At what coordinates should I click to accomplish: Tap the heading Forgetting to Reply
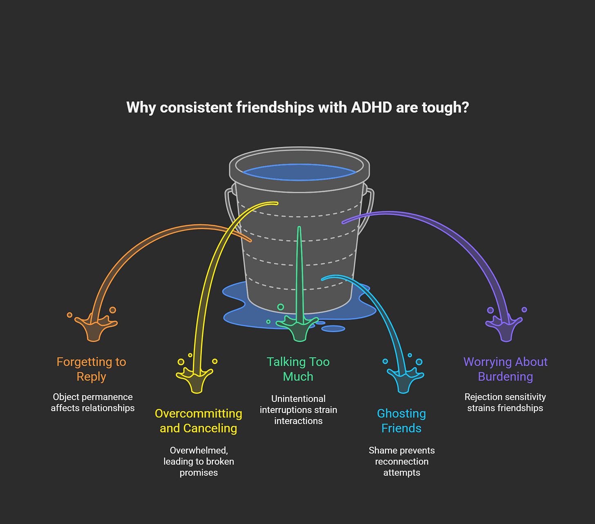pos(92,369)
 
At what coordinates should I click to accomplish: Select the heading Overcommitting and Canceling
pos(199,421)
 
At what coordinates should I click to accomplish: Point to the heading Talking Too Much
pos(298,369)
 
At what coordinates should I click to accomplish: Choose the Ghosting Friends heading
pos(401,421)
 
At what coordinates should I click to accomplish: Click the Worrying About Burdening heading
pos(506,369)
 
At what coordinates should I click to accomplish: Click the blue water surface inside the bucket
pos(300,172)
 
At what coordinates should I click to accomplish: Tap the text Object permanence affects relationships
pos(93,402)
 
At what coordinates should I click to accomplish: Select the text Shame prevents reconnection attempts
pos(402,462)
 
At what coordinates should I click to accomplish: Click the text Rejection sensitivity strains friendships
pos(505,402)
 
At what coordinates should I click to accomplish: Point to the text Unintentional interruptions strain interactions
pos(298,410)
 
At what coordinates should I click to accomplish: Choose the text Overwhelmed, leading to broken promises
pos(199,462)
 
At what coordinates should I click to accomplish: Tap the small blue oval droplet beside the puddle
pos(333,328)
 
